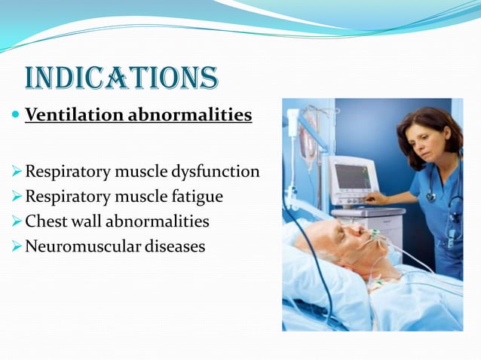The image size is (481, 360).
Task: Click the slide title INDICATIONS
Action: point(121,78)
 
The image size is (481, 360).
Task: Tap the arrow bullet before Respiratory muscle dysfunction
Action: point(17,172)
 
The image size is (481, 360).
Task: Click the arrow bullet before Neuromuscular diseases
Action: point(17,246)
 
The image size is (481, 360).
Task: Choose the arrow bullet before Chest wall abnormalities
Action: point(17,222)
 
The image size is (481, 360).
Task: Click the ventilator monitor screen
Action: point(352,176)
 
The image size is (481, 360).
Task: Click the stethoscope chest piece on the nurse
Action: point(430,197)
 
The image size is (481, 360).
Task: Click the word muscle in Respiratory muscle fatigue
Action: point(144,197)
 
